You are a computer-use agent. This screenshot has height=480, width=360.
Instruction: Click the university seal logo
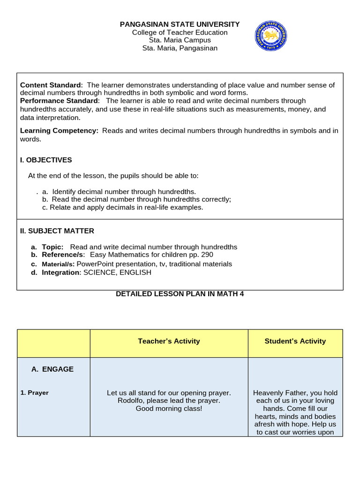pos(270,36)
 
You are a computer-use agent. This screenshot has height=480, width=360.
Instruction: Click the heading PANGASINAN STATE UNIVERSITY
pos(180,24)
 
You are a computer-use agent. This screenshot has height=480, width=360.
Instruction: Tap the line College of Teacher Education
pos(180,32)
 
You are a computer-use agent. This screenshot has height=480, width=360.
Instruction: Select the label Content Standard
pos(51,85)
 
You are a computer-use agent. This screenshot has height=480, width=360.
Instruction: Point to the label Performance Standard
pos(60,101)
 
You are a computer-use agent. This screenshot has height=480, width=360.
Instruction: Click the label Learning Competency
pos(59,131)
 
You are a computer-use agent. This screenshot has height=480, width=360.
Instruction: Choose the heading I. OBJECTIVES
pos(46,160)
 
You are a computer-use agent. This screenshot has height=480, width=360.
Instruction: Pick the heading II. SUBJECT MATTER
pos(57,231)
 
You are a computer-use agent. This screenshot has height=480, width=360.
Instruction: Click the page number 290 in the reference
pos(207,255)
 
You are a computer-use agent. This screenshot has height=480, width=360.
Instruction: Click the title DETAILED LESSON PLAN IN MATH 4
pos(180,294)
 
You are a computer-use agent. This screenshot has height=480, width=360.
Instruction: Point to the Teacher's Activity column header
pos(169,341)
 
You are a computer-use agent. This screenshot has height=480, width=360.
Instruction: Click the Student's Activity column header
pos(295,341)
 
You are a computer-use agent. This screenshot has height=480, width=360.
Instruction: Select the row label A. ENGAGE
pos(52,369)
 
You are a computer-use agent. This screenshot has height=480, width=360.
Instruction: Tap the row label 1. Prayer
pos(35,393)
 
